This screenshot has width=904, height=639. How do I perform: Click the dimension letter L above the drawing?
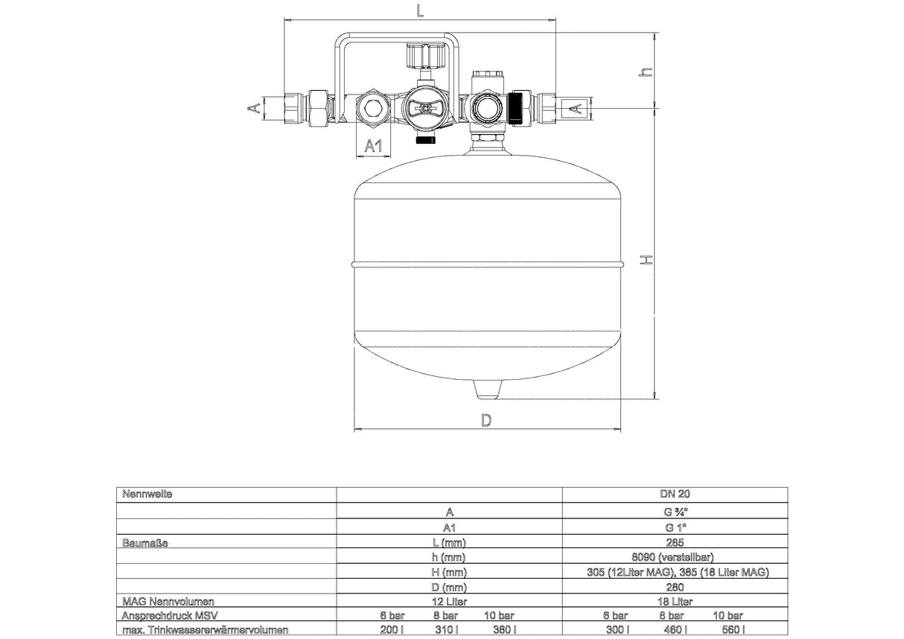[420, 10]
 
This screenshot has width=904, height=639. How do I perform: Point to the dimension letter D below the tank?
[486, 420]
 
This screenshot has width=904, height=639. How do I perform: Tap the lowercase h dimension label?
[646, 71]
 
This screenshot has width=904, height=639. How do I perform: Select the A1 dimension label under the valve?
[373, 145]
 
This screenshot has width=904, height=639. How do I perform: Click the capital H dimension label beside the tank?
[646, 260]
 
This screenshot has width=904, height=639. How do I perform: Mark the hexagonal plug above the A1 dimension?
[372, 109]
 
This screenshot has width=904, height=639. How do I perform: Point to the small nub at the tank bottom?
[488, 389]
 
